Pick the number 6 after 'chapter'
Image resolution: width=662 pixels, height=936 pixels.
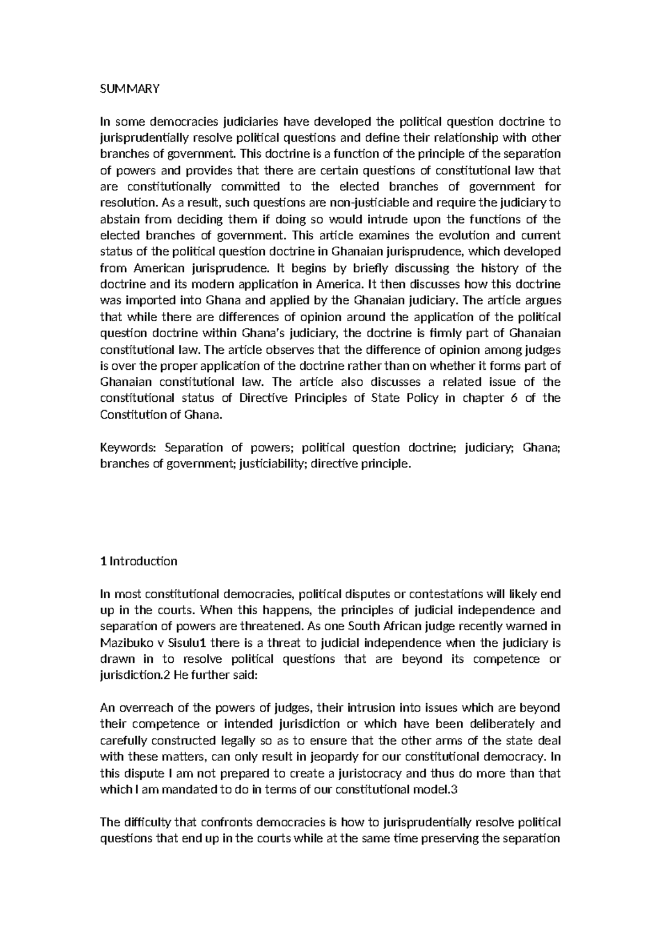514,398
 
